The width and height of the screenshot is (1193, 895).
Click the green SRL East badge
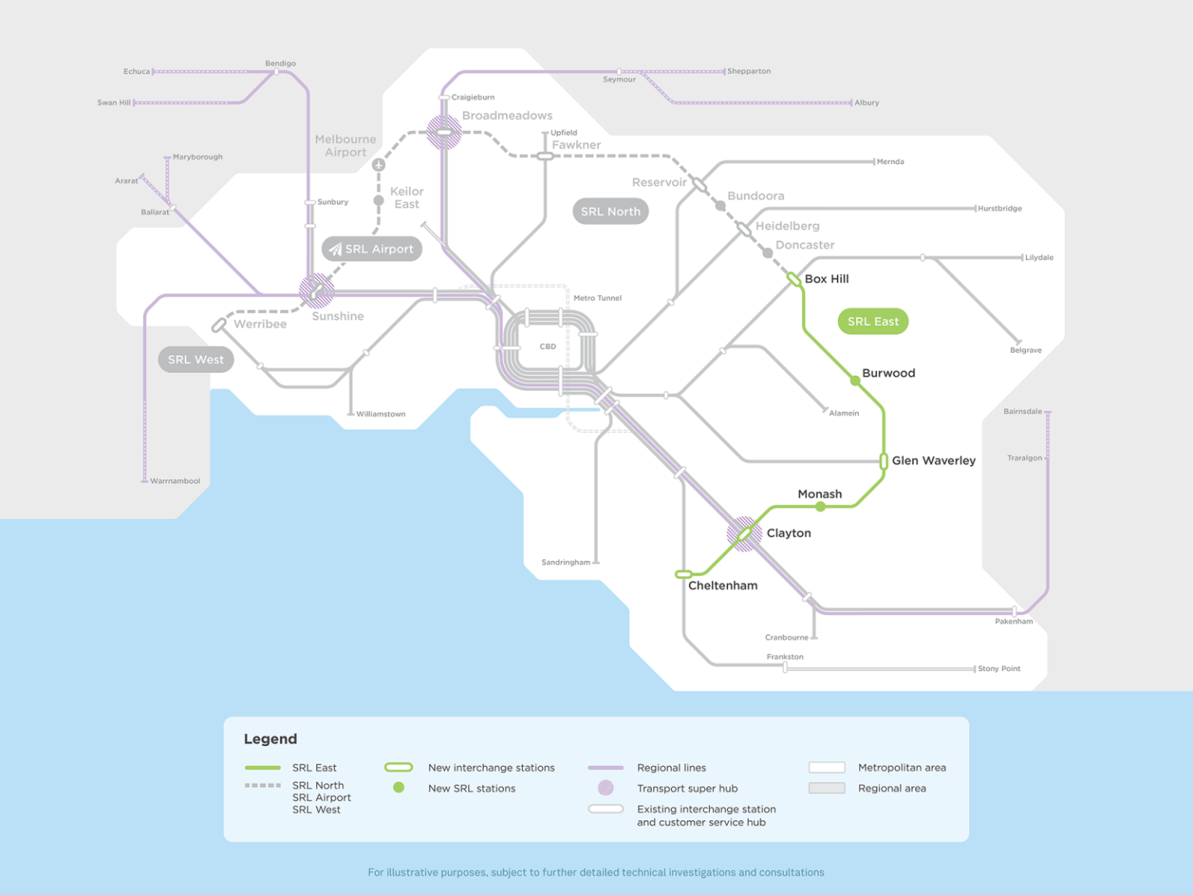(873, 322)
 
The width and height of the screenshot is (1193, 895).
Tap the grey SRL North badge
(610, 211)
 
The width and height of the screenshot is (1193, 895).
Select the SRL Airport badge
(372, 249)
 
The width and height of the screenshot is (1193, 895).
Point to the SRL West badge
(196, 360)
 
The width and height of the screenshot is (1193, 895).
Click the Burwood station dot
(855, 381)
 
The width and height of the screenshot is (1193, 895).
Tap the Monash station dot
(820, 507)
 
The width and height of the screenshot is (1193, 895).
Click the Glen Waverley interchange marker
(884, 461)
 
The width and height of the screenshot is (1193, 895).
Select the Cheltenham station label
(722, 586)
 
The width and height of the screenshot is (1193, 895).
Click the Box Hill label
(826, 279)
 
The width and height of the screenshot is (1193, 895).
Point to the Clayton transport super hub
(744, 534)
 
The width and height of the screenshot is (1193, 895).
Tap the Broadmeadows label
(507, 116)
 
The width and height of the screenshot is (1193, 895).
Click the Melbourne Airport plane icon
(378, 165)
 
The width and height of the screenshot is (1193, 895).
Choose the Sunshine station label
(338, 316)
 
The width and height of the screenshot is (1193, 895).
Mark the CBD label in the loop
(548, 347)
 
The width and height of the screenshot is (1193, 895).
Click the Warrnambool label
(175, 481)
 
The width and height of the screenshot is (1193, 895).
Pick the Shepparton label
(749, 71)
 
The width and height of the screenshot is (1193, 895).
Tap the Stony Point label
(999, 669)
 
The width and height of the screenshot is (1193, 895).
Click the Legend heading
(270, 739)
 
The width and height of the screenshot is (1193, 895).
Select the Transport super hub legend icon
(606, 788)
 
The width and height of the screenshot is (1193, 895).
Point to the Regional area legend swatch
(826, 788)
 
